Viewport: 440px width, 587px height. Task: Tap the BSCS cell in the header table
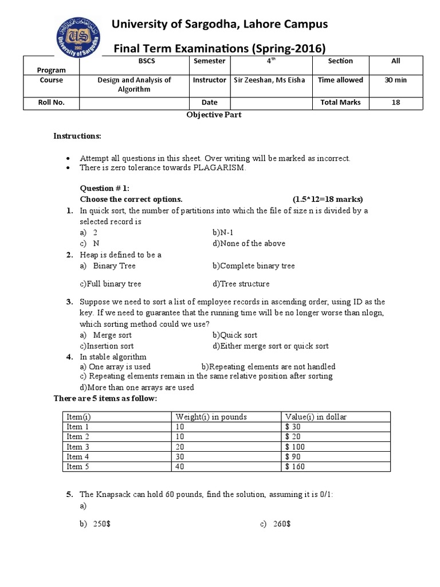139,61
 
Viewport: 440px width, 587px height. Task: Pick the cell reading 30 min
395,80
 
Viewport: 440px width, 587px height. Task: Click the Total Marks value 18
395,103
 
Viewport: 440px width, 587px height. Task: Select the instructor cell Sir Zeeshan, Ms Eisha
269,80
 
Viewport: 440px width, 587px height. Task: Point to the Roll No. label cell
52,103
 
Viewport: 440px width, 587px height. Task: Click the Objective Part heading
213,115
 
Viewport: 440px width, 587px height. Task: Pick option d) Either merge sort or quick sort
270,346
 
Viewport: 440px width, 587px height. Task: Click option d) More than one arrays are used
137,387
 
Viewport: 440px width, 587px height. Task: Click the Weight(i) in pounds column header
211,417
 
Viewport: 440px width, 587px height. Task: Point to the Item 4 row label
74,457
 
